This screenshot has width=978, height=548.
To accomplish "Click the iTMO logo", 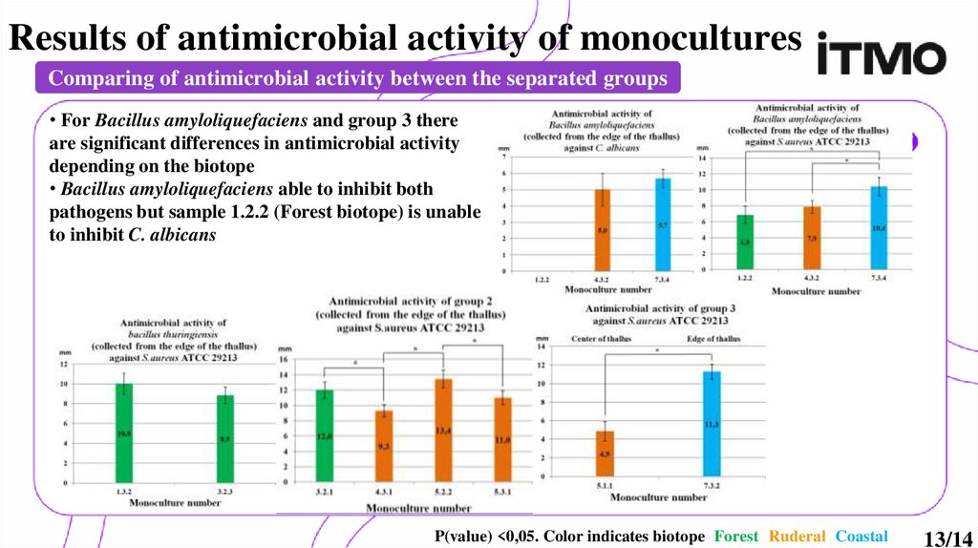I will (x=882, y=58).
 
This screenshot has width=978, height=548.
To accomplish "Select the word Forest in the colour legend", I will (x=736, y=537).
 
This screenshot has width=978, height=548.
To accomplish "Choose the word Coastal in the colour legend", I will (x=861, y=537).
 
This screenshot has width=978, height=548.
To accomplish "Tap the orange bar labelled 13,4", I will (x=442, y=430).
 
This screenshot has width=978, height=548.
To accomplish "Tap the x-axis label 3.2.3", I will (x=225, y=490).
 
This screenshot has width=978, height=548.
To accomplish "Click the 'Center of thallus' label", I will (x=602, y=340).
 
